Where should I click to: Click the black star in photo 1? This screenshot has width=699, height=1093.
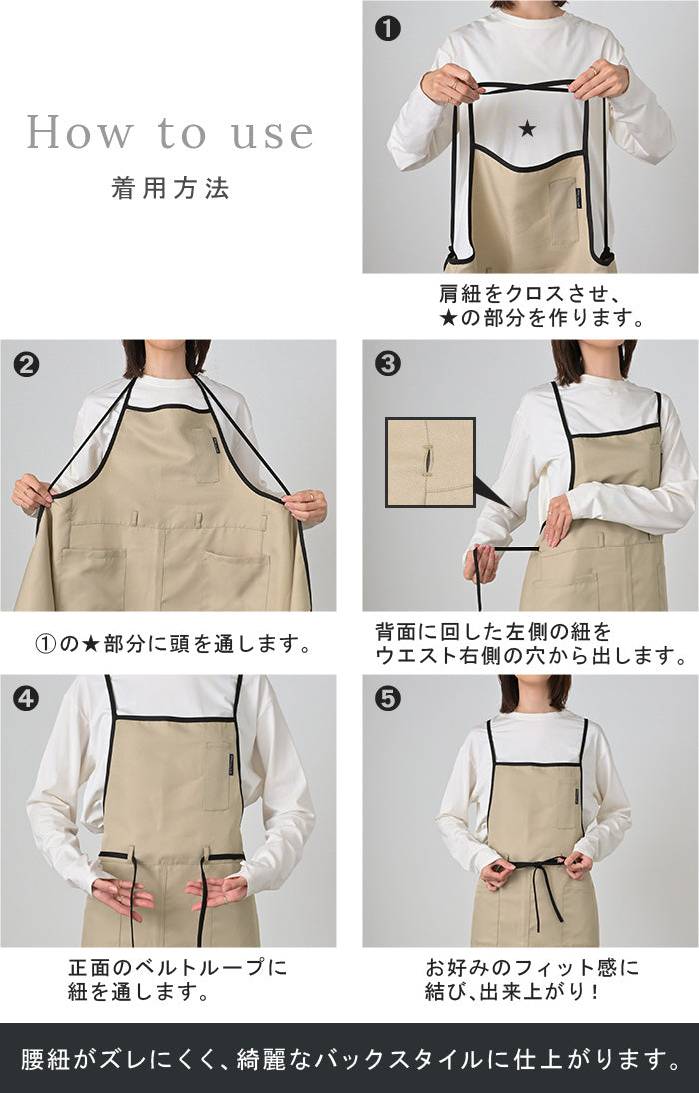527,128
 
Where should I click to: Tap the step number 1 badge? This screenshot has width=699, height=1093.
388,29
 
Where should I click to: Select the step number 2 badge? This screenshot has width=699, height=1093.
27,364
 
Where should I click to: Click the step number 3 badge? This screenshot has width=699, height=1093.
388,364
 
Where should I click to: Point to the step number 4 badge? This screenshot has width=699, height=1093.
27,698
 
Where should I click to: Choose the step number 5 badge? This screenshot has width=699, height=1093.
388,698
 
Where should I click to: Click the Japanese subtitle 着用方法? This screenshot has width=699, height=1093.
170,188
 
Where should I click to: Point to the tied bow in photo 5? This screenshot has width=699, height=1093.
535,870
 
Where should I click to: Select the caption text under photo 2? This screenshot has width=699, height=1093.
174,644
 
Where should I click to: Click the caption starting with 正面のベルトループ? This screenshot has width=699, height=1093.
177,979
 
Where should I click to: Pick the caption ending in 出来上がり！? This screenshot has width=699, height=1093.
532,979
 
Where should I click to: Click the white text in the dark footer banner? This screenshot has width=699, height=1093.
350,1059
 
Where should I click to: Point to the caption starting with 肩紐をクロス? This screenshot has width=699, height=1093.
541,306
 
